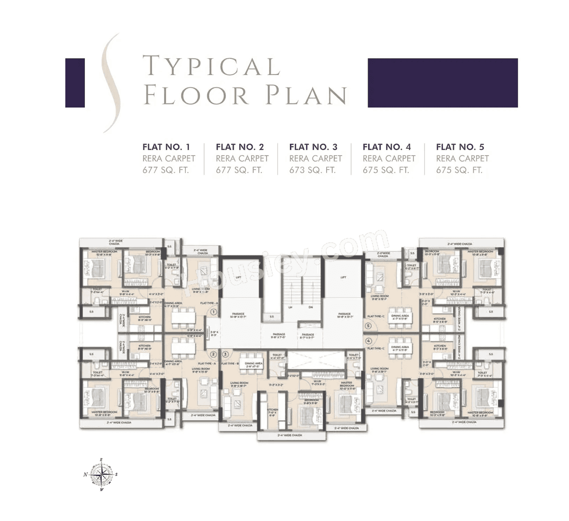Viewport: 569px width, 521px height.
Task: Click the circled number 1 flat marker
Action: pyautogui.click(x=213, y=312)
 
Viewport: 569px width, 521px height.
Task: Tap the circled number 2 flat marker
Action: pyautogui.click(x=213, y=354)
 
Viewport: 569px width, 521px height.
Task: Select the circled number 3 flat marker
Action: pyautogui.click(x=226, y=354)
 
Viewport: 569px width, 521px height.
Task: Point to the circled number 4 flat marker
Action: pyautogui.click(x=369, y=341)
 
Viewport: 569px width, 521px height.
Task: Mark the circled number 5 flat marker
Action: pyautogui.click(x=369, y=326)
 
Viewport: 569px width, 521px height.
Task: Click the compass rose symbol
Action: pyautogui.click(x=102, y=475)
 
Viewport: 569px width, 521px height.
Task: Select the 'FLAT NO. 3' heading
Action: pyautogui.click(x=313, y=147)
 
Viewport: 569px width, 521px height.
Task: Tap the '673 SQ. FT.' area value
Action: pyautogui.click(x=312, y=170)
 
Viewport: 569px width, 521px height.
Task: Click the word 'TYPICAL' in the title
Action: pyautogui.click(x=211, y=66)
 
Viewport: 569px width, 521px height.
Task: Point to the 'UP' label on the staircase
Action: pyautogui.click(x=291, y=307)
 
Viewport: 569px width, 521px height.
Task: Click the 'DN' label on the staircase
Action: pyautogui.click(x=310, y=307)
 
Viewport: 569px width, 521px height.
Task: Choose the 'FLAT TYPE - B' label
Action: pyautogui.click(x=230, y=363)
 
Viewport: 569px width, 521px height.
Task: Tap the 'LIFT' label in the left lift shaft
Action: pyautogui.click(x=238, y=277)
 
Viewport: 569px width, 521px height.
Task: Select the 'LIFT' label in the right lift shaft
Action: pyautogui.click(x=343, y=277)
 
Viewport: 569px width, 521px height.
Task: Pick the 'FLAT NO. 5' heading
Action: pyautogui.click(x=460, y=147)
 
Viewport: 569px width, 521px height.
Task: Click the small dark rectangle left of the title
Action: pyautogui.click(x=75, y=83)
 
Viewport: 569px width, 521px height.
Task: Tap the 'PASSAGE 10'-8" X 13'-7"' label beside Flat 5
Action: pyautogui.click(x=344, y=315)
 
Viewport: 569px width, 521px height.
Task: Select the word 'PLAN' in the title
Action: pyautogui.click(x=307, y=96)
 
